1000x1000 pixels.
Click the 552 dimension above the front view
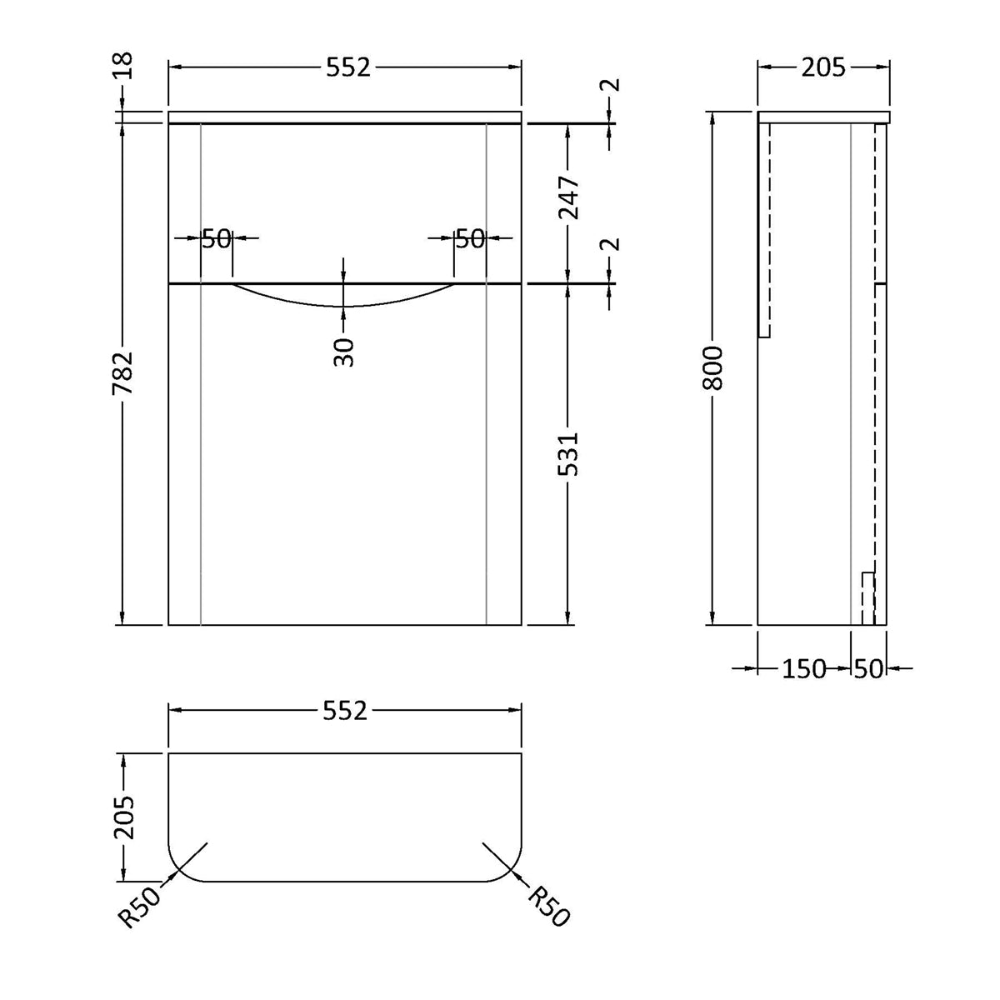[347, 68]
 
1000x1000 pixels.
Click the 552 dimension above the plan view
[344, 711]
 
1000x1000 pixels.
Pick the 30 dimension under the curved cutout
[344, 351]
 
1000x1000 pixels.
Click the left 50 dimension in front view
[216, 239]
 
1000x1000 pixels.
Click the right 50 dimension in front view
[470, 239]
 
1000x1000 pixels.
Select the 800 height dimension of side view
[713, 368]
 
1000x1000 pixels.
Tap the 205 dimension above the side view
[822, 68]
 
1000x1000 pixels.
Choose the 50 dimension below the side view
[867, 668]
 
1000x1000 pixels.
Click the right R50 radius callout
[549, 905]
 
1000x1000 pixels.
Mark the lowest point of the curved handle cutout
[344, 307]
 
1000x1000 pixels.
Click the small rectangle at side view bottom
[867, 597]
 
